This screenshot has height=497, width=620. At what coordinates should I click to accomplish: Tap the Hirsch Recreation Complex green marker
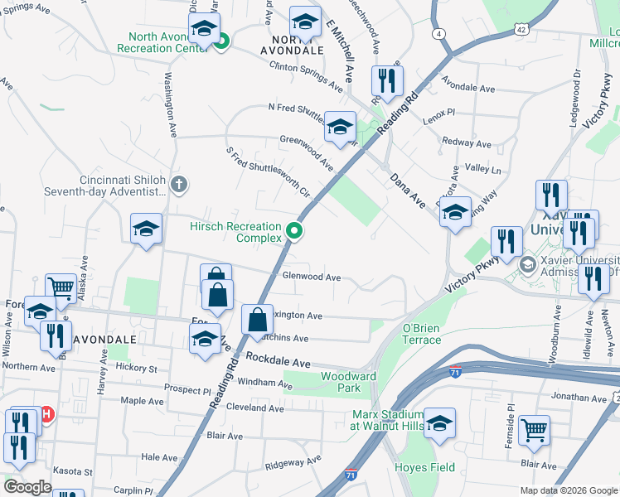coord(294,232)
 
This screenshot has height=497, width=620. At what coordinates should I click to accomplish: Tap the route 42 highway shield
coord(521,29)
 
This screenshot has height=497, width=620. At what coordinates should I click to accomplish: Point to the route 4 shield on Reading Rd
coord(438,33)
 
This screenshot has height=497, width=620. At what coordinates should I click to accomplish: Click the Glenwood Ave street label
coord(312,277)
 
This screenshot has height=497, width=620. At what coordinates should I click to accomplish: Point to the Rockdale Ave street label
coord(278,364)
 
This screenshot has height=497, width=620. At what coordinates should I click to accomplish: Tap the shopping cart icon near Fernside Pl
coord(534,429)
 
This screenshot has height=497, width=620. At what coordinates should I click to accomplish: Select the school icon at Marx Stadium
coord(439,421)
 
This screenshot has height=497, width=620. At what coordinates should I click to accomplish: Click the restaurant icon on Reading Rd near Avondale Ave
coord(387,80)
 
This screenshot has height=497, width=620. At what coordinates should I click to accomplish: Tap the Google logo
coord(27,487)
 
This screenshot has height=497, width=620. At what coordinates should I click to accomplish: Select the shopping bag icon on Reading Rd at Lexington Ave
coord(257,319)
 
